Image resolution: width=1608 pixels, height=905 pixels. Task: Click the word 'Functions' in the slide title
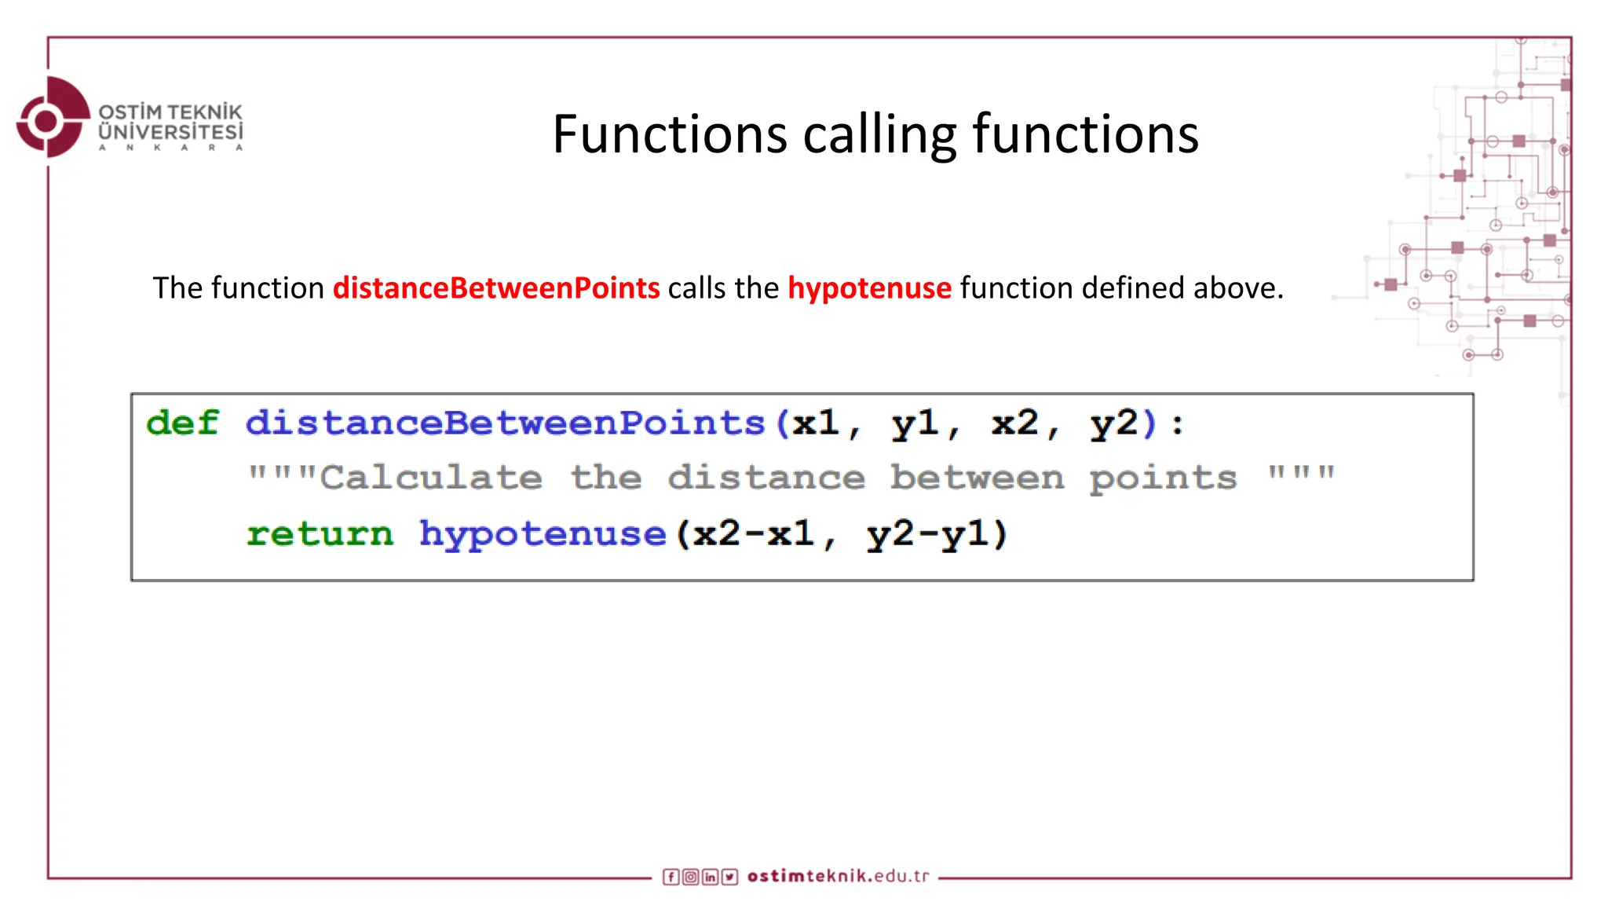(x=669, y=134)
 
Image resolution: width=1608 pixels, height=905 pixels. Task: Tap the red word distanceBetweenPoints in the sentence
(x=496, y=288)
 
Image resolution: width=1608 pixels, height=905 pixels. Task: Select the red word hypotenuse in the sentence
(x=869, y=288)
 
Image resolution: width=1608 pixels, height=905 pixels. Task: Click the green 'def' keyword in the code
(x=182, y=423)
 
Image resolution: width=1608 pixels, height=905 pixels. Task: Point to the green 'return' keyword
(x=320, y=534)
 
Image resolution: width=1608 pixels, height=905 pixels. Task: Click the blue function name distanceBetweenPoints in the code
(x=505, y=423)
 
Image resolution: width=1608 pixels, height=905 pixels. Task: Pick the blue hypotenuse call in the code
(x=543, y=534)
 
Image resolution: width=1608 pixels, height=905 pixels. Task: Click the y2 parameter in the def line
(x=1113, y=423)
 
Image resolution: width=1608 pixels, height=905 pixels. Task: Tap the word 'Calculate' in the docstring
(x=430, y=478)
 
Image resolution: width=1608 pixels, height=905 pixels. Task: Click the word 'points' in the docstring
(x=1163, y=478)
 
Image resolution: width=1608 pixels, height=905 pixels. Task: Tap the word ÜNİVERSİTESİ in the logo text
(x=170, y=132)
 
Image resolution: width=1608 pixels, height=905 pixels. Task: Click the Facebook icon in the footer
(x=671, y=877)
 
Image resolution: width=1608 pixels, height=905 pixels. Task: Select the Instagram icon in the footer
(x=690, y=877)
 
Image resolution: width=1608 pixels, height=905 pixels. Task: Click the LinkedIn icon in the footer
(x=710, y=877)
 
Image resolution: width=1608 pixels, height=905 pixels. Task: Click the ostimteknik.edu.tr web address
(x=838, y=876)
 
